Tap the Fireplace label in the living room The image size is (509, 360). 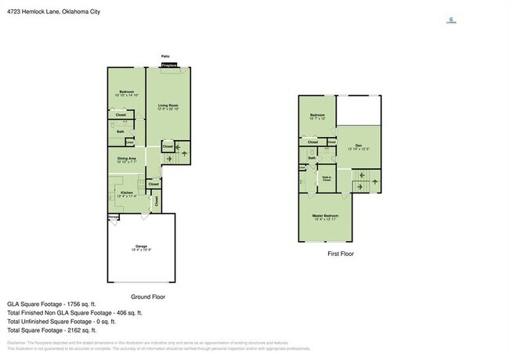(169, 67)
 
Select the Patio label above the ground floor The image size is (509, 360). (165, 56)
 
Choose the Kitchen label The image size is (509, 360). (126, 192)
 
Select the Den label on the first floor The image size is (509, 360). (358, 146)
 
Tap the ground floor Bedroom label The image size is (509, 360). (126, 92)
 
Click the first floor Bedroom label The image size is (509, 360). (316, 115)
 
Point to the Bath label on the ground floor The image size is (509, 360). (121, 131)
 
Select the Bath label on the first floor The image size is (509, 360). (312, 158)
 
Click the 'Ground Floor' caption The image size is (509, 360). (148, 297)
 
